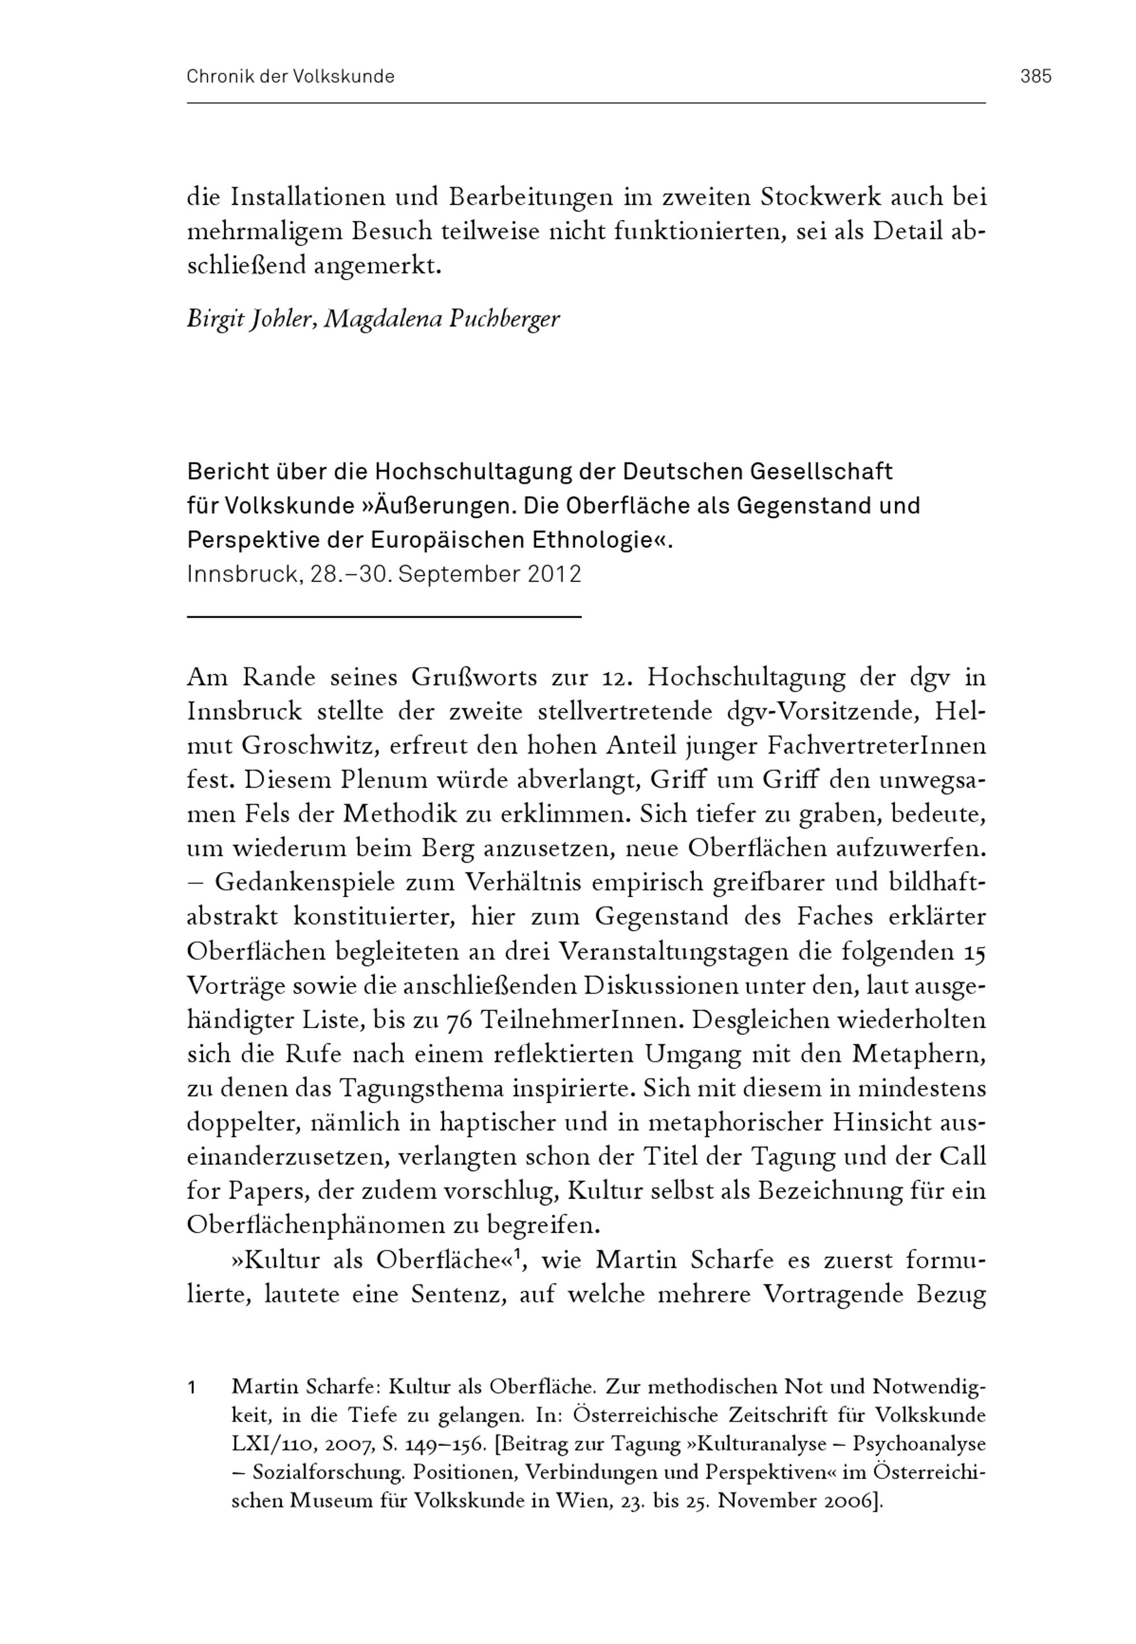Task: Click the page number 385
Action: coord(1035,76)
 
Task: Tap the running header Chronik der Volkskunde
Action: coord(290,76)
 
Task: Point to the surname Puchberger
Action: coord(504,319)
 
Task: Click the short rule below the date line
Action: coord(385,617)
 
